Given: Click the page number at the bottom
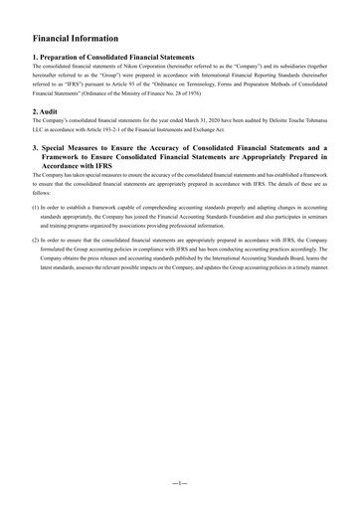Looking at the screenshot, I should point(179,481).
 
